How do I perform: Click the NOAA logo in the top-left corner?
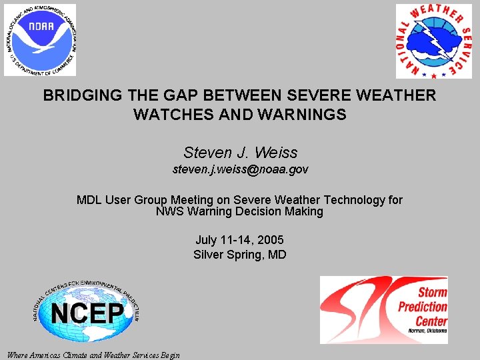[x=40, y=40]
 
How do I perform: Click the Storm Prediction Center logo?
[x=383, y=310]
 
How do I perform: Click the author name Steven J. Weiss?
[x=240, y=153]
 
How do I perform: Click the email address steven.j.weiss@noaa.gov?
[x=240, y=170]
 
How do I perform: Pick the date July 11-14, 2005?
[x=240, y=239]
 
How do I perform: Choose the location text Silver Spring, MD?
[x=240, y=254]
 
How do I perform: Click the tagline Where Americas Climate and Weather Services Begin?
[x=93, y=355]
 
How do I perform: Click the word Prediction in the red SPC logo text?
[x=423, y=307]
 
